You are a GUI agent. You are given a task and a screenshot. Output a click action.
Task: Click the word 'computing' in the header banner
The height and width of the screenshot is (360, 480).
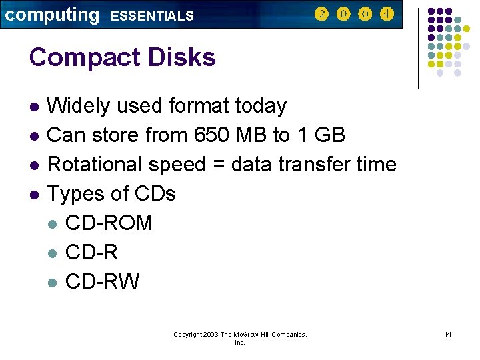point(52,15)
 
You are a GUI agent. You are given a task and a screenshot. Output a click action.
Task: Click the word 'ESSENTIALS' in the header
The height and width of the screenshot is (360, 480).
point(152,16)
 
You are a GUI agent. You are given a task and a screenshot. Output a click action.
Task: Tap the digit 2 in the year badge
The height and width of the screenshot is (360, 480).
point(321,14)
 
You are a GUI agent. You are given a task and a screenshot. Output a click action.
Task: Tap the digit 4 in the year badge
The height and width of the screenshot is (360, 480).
point(387,14)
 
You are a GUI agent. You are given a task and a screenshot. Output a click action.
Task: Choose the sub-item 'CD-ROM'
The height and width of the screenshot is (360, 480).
point(109,223)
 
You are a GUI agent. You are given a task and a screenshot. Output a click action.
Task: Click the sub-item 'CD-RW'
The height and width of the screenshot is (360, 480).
point(103,282)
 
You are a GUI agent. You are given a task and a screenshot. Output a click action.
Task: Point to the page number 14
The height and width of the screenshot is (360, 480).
point(448,334)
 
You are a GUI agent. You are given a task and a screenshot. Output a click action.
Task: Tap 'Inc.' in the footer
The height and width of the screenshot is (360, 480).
point(240,343)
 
